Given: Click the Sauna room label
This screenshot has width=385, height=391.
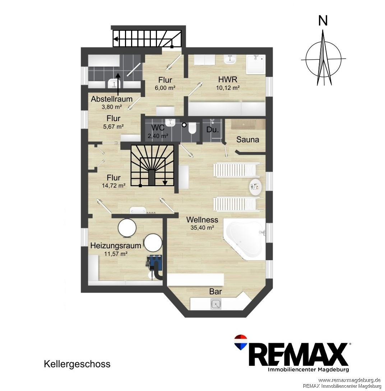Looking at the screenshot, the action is click(247, 139).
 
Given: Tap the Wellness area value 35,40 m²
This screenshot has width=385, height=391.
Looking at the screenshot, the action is click(203, 227).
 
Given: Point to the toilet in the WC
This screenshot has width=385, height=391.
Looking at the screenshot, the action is click(192, 128).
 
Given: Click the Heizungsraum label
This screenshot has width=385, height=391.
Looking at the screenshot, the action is click(116, 245).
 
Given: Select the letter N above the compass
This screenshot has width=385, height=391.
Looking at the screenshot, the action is click(323, 21).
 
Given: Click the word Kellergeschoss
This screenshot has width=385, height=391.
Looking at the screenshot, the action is click(77, 364).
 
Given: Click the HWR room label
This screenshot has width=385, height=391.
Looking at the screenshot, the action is click(228, 79).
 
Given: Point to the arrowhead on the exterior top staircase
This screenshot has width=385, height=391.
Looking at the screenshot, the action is click(115, 39).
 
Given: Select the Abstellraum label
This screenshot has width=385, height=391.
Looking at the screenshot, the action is click(111, 99).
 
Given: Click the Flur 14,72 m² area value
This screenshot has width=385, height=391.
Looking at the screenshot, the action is click(113, 185).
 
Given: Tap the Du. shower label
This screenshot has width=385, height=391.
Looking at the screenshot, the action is click(213, 130).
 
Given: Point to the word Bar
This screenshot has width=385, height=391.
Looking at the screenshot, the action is click(215, 291).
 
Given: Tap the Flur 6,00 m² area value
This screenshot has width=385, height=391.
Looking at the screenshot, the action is click(165, 88).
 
